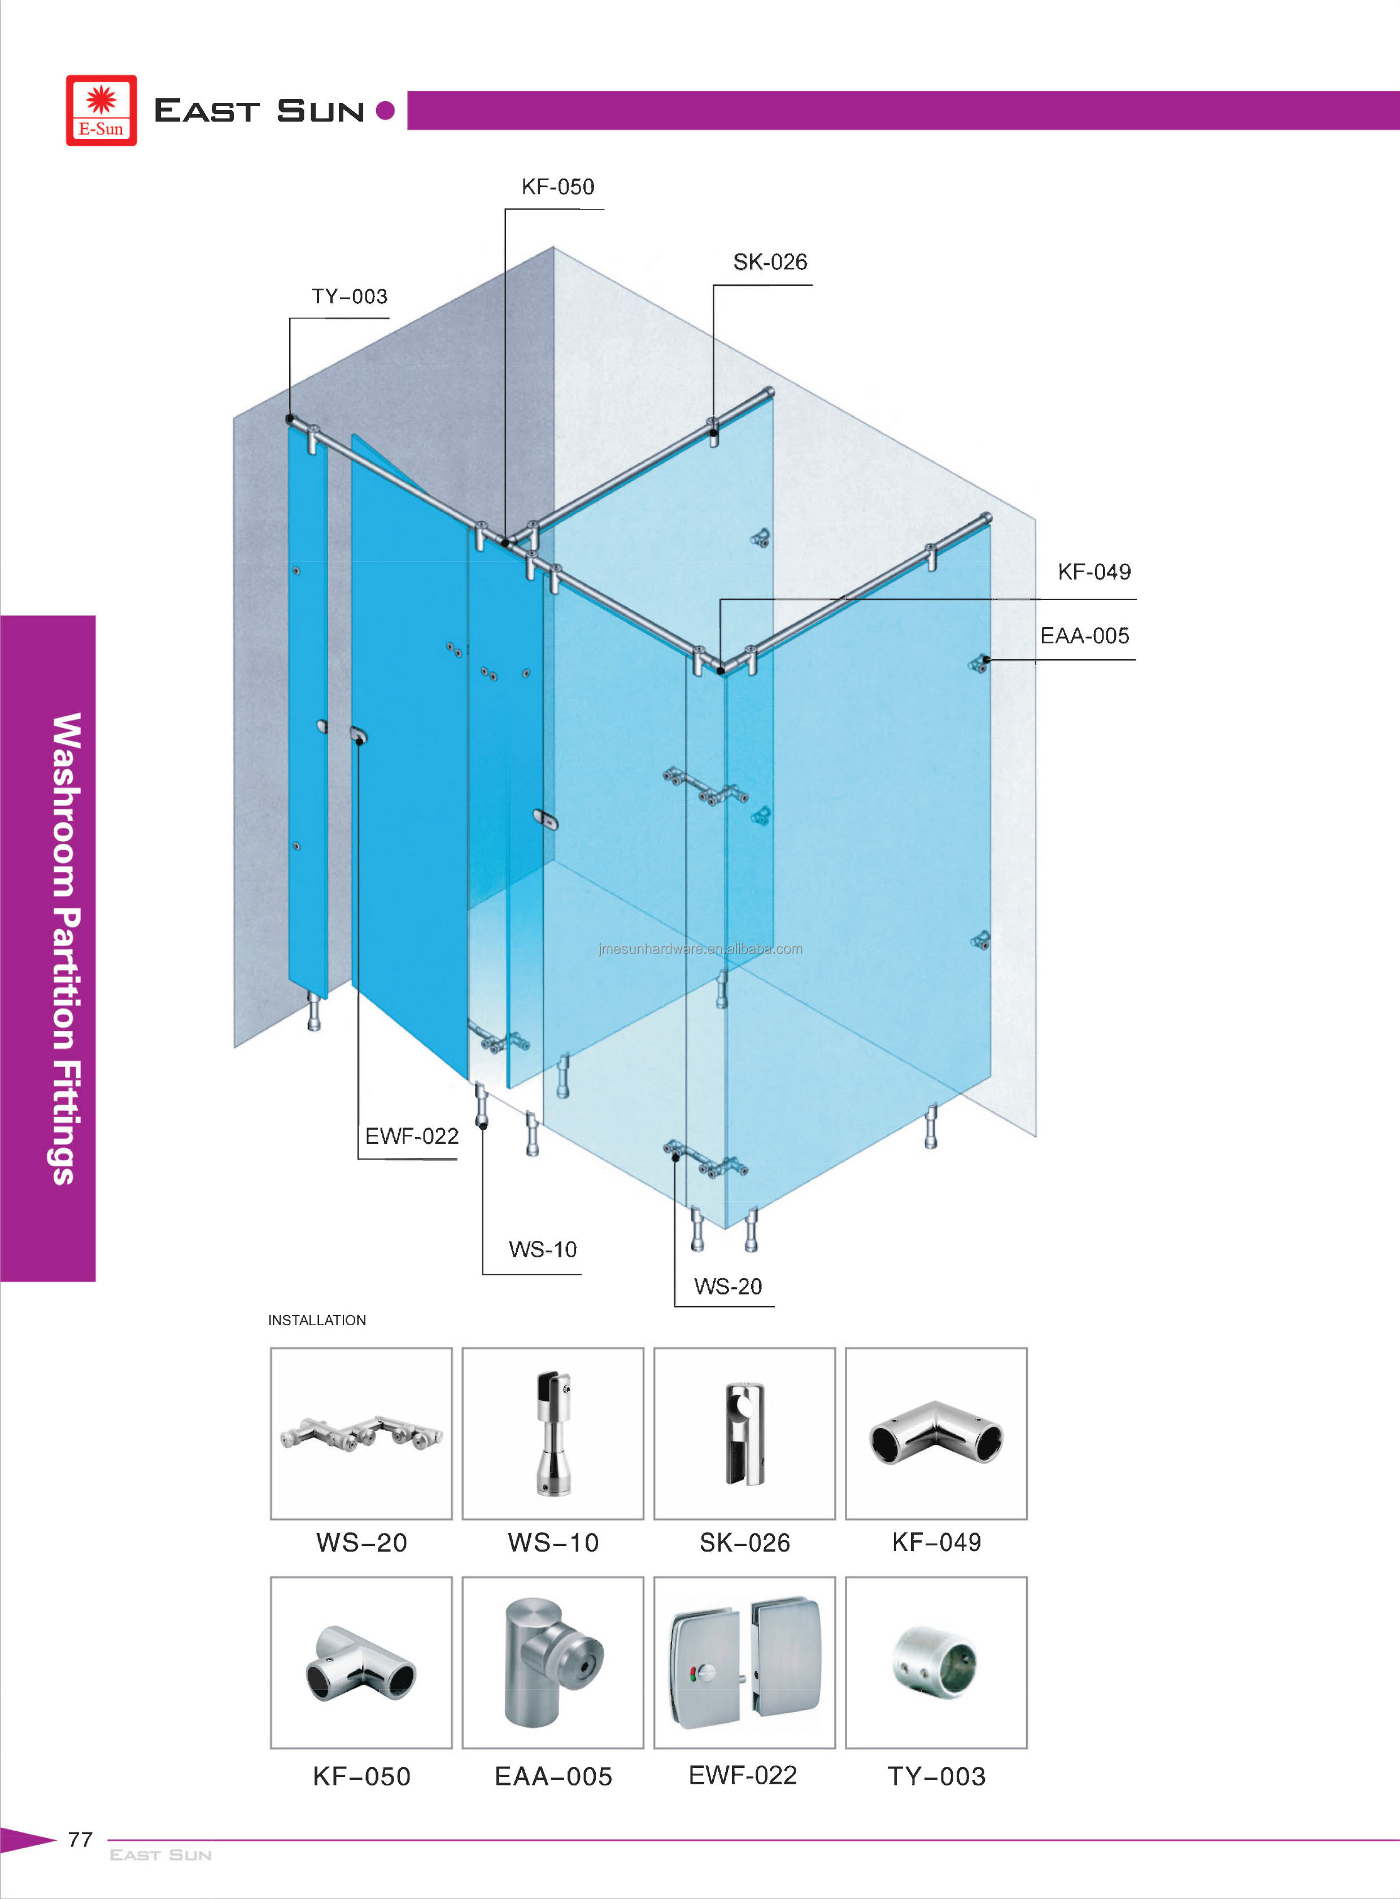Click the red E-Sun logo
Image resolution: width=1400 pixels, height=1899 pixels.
[x=101, y=110]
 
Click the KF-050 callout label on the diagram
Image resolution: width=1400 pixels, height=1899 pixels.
[x=557, y=186]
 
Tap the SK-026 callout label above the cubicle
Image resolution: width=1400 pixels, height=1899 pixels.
[x=770, y=262]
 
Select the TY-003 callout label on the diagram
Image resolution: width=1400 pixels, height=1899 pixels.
[x=349, y=297]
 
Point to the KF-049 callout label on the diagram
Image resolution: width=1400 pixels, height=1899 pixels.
[x=1093, y=572]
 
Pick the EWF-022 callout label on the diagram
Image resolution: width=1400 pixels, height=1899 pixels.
[x=411, y=1136]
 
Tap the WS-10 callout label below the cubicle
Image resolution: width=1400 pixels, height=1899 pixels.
[x=542, y=1249]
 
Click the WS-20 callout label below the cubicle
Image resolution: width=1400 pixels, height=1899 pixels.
[x=727, y=1286]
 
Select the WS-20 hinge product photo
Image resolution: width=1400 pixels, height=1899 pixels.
[x=361, y=1434]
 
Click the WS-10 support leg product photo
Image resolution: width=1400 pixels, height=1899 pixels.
[x=552, y=1434]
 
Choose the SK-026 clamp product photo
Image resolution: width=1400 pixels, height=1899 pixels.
[x=744, y=1434]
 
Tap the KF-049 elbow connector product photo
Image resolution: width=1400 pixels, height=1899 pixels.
[x=936, y=1434]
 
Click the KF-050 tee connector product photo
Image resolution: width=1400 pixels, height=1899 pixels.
[x=361, y=1662]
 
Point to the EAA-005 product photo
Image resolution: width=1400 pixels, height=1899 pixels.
[x=552, y=1662]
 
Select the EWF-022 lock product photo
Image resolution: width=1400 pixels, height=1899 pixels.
[x=744, y=1662]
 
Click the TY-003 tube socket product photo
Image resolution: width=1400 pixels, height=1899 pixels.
[x=936, y=1662]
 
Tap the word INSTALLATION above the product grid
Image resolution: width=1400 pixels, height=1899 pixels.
[x=317, y=1320]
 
